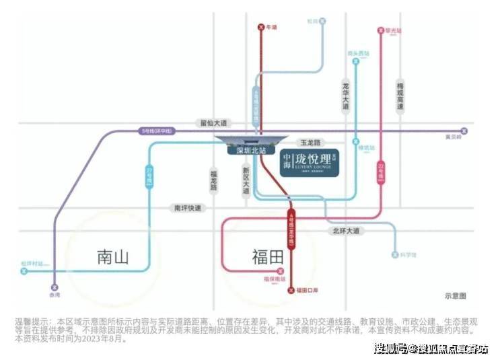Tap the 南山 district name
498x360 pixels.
(x=112, y=257)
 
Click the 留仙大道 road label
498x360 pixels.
(x=214, y=123)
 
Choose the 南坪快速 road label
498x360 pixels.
(x=187, y=209)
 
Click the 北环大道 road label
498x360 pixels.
(x=347, y=230)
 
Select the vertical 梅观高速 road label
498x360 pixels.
(x=400, y=96)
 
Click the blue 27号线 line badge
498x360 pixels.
(x=149, y=177)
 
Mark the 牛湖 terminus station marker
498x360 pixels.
(x=261, y=28)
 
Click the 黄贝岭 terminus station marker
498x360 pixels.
(x=463, y=131)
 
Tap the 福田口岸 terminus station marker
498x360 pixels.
(x=291, y=290)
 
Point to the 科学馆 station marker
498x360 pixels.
(x=395, y=255)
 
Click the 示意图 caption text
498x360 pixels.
(x=455, y=296)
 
